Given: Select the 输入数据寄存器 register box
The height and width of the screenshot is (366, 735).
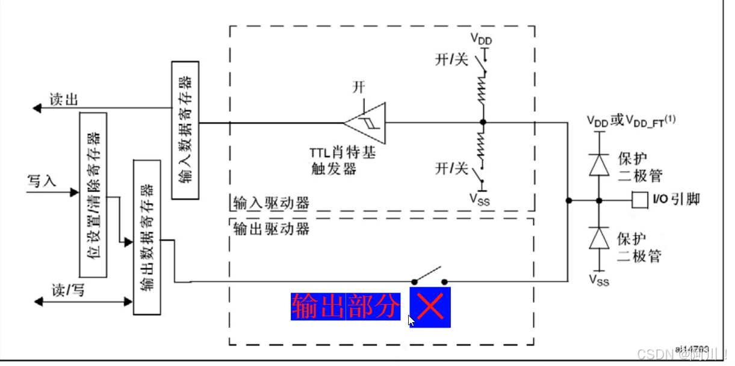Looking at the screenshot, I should pos(185,129).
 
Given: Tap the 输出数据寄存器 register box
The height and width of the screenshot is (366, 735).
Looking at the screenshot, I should pos(147,237).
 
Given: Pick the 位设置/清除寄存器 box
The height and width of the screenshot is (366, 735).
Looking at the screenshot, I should pos(93,194).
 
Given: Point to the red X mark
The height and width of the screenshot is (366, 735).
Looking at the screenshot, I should pos(430,307).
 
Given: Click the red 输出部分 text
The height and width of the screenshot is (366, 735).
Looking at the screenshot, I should pos(346,307).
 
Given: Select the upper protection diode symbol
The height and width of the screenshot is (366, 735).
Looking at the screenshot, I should pos(598,164).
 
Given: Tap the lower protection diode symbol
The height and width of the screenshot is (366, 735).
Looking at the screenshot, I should pos(598,238).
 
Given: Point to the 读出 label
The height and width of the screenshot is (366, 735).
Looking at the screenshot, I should pos(63,100).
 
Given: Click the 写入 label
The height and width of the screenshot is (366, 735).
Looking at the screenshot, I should pos(42,180).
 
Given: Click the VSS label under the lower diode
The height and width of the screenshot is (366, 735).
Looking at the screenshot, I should pos(598,279).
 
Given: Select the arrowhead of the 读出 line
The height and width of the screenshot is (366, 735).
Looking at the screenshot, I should pos(37,108).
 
